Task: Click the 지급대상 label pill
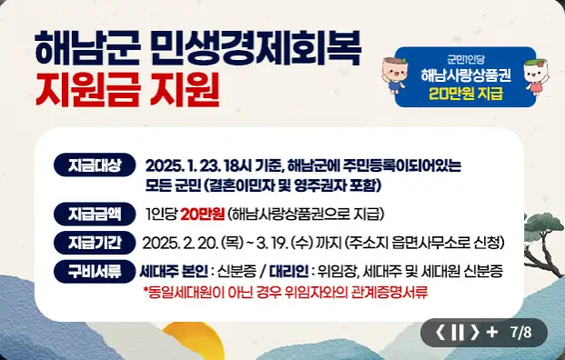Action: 95,165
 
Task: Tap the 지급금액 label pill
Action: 95,215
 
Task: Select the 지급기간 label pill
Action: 95,243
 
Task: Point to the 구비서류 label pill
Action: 95,271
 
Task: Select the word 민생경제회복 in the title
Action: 254,45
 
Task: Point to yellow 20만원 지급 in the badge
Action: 466,94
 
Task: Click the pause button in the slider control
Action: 458,333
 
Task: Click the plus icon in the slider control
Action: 492,333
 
